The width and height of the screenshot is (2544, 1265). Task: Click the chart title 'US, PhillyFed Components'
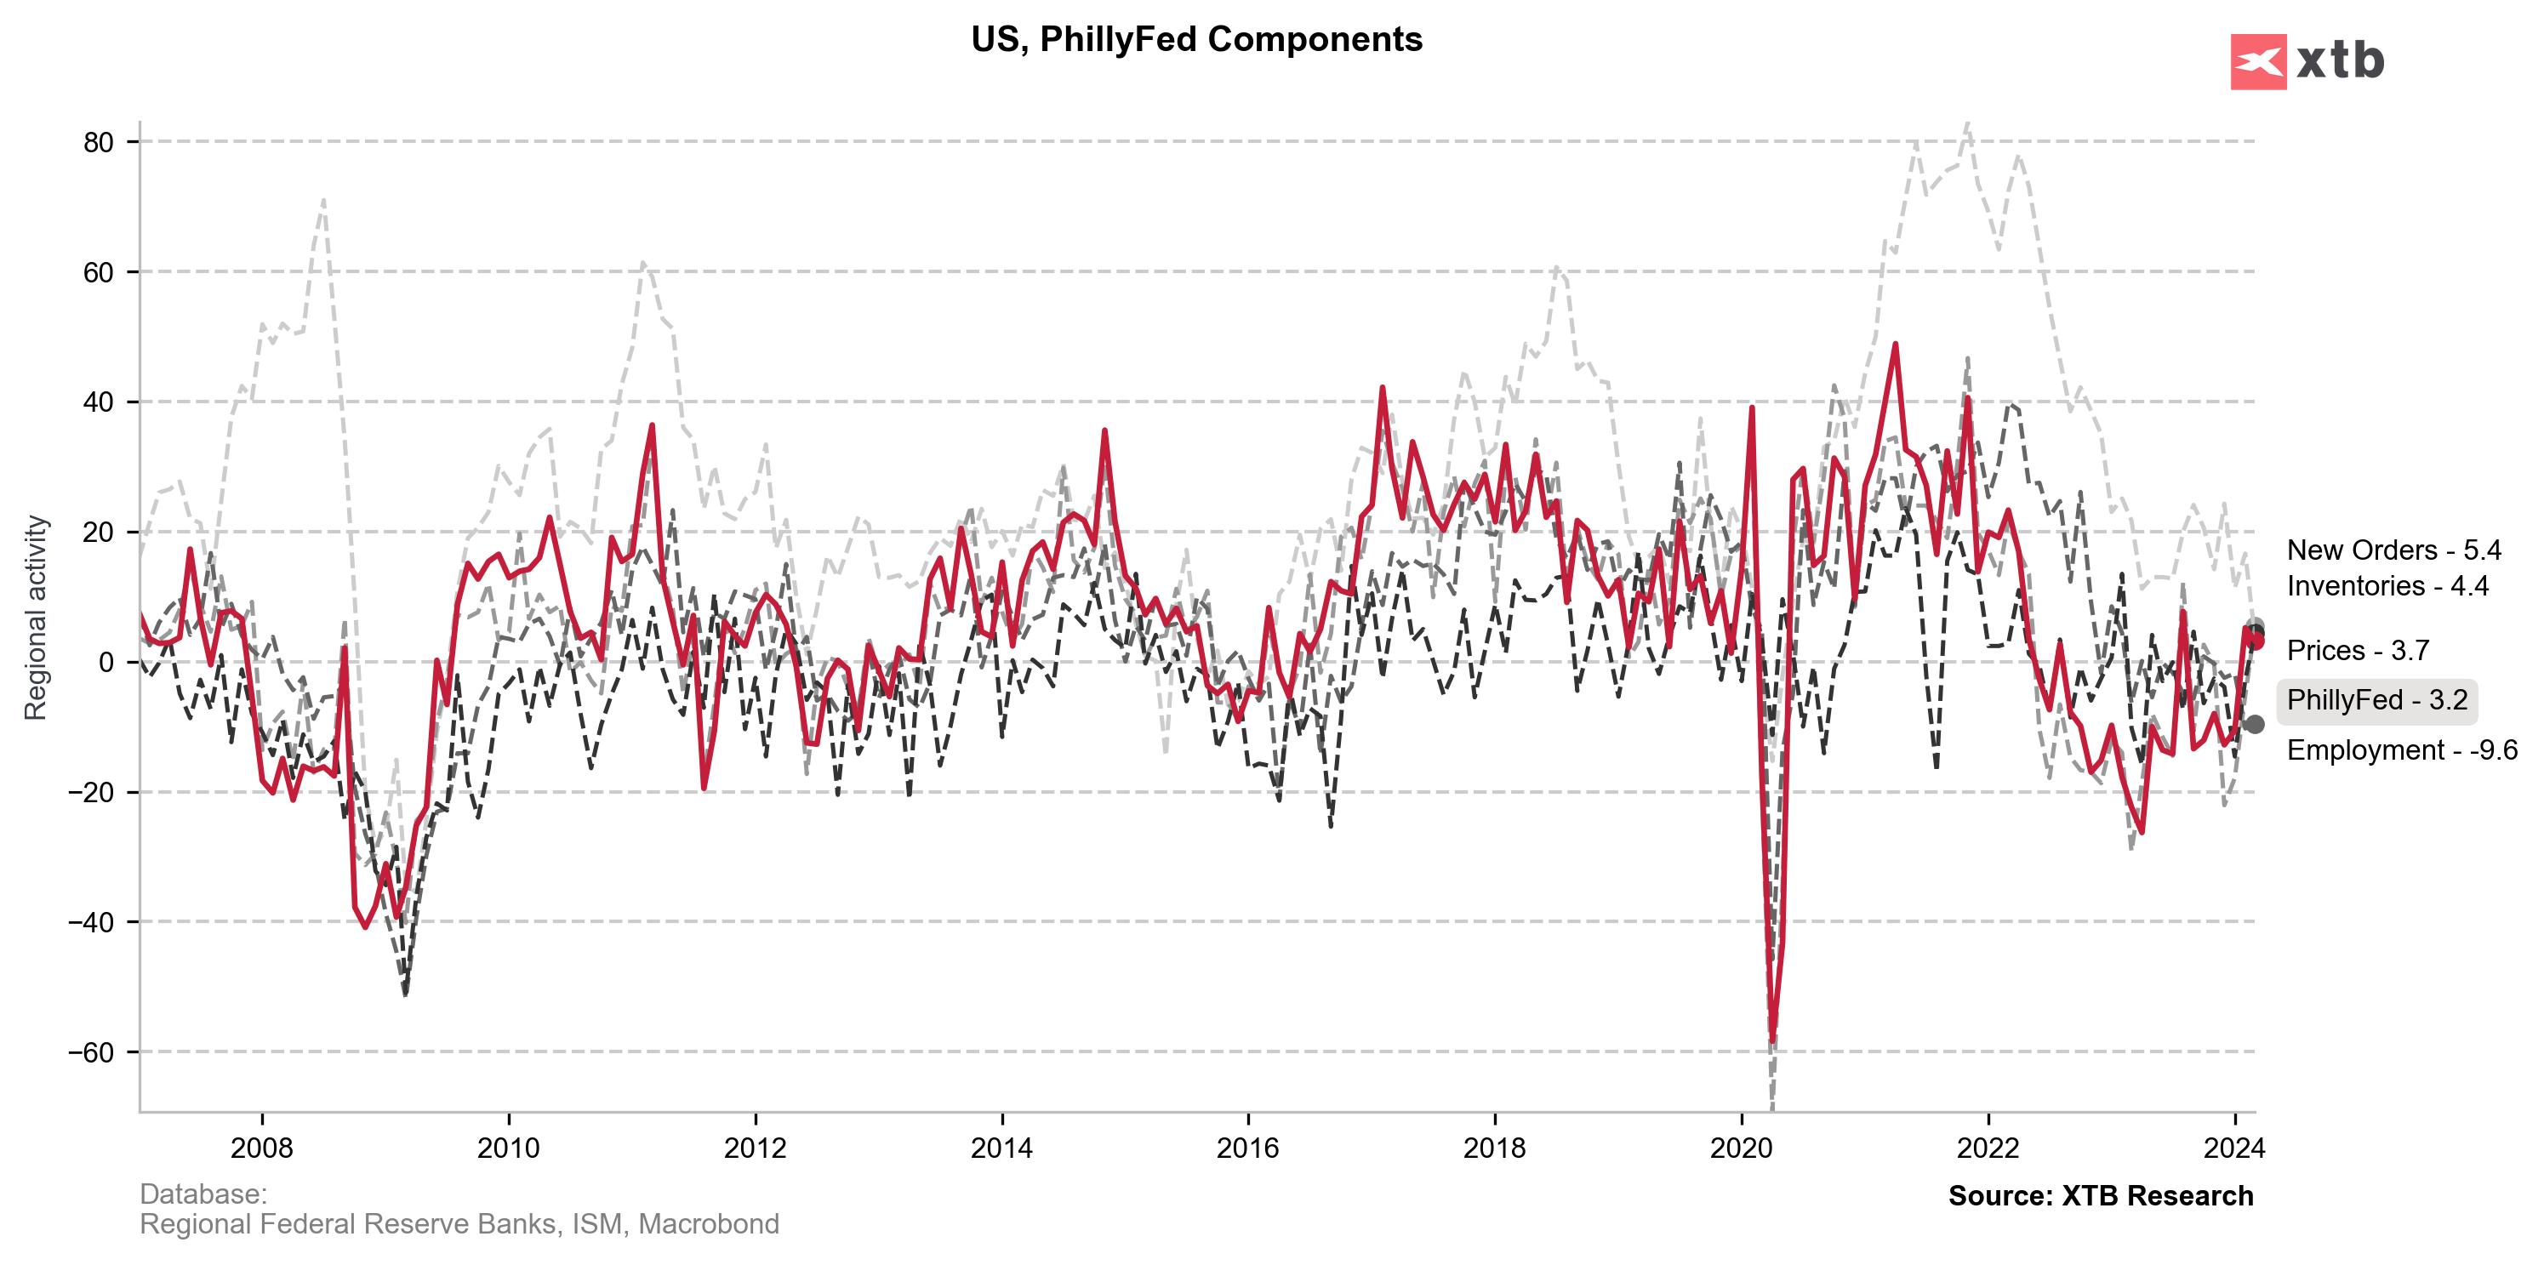1196,39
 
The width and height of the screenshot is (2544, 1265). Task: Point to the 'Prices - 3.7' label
2358,650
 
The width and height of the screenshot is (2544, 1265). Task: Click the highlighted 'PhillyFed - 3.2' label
2376,700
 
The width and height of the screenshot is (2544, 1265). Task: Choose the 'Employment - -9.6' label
2401,749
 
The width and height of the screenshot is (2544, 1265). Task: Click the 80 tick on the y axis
99,142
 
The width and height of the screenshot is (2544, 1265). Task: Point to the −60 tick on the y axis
91,1052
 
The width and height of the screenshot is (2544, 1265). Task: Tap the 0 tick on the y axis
106,663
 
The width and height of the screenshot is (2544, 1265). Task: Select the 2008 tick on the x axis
262,1148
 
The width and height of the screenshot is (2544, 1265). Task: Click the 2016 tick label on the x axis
1247,1148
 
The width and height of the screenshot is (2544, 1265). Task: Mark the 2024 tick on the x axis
2234,1148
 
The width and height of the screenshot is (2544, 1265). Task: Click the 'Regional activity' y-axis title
36,618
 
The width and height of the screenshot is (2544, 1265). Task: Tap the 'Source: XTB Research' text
2100,1196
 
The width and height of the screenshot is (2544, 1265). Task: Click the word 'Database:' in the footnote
203,1194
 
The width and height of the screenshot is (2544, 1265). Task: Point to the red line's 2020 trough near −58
1772,1040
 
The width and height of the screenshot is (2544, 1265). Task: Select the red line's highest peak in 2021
1895,345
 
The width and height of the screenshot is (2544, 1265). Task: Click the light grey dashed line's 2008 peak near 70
324,201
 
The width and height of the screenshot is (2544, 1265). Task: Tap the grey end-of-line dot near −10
2254,724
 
